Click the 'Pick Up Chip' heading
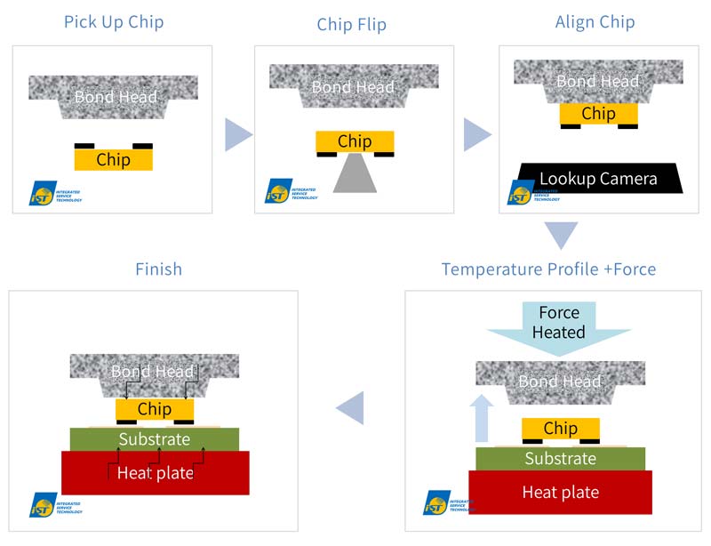(x=113, y=21)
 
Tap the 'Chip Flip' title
(x=352, y=24)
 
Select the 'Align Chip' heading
(x=595, y=22)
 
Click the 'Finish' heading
(x=157, y=268)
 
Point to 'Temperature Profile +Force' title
(x=548, y=268)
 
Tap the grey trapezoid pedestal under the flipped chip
(x=355, y=174)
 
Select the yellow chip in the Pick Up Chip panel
(x=113, y=159)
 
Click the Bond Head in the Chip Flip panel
(x=354, y=85)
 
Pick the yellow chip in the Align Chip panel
(x=598, y=114)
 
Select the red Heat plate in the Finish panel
(x=156, y=473)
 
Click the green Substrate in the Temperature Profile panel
(x=560, y=459)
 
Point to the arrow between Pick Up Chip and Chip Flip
(x=237, y=135)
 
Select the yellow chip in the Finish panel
(x=154, y=409)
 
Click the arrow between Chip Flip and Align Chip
(x=477, y=135)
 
